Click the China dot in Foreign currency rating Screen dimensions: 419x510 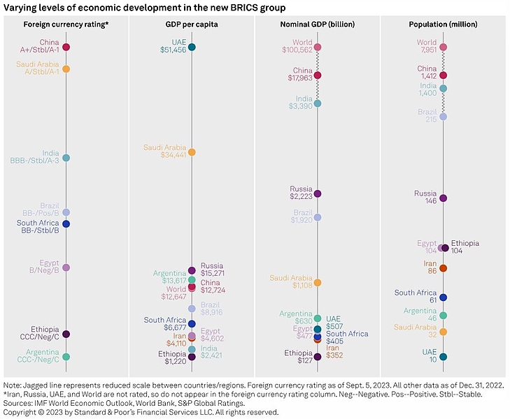[x=66, y=47]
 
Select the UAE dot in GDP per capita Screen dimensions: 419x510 [x=192, y=47]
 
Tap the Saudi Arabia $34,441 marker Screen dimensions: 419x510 [x=192, y=152]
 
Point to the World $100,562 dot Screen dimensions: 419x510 [x=318, y=47]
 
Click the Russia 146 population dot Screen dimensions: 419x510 [x=443, y=198]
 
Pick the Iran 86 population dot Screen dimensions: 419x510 [x=443, y=268]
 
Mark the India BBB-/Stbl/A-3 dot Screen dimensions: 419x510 [x=66, y=158]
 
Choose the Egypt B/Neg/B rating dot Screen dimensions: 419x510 [x=66, y=267]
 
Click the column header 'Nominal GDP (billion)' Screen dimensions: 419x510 [x=318, y=24]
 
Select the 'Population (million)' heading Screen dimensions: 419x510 [x=443, y=24]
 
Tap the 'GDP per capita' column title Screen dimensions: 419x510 [x=192, y=24]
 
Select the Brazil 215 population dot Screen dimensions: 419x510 [x=443, y=117]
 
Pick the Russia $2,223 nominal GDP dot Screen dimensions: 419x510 [x=318, y=193]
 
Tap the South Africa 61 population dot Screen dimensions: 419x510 [x=443, y=297]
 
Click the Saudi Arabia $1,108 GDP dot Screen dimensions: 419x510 [x=318, y=283]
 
